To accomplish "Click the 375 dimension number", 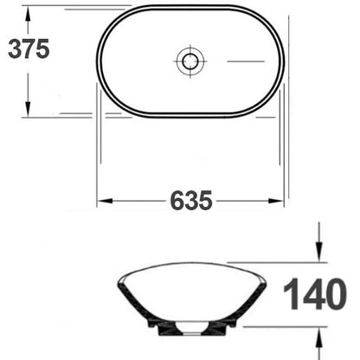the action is [29, 49].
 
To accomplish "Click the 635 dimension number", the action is [191, 201].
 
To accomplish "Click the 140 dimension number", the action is [315, 294].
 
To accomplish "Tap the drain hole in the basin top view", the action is [190, 61].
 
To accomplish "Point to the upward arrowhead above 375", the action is [28, 14].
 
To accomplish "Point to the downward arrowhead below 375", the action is [28, 109].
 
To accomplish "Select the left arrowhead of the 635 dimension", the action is [105, 201].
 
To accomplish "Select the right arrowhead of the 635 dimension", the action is [276, 201].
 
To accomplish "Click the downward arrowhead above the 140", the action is [318, 252].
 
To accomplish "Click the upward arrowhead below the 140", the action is [318, 337].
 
